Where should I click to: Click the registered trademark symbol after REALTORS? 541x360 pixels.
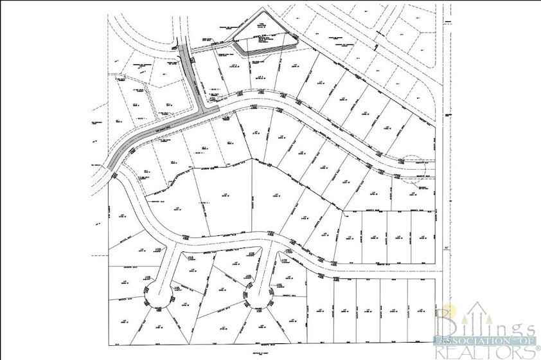pos(537,347)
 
